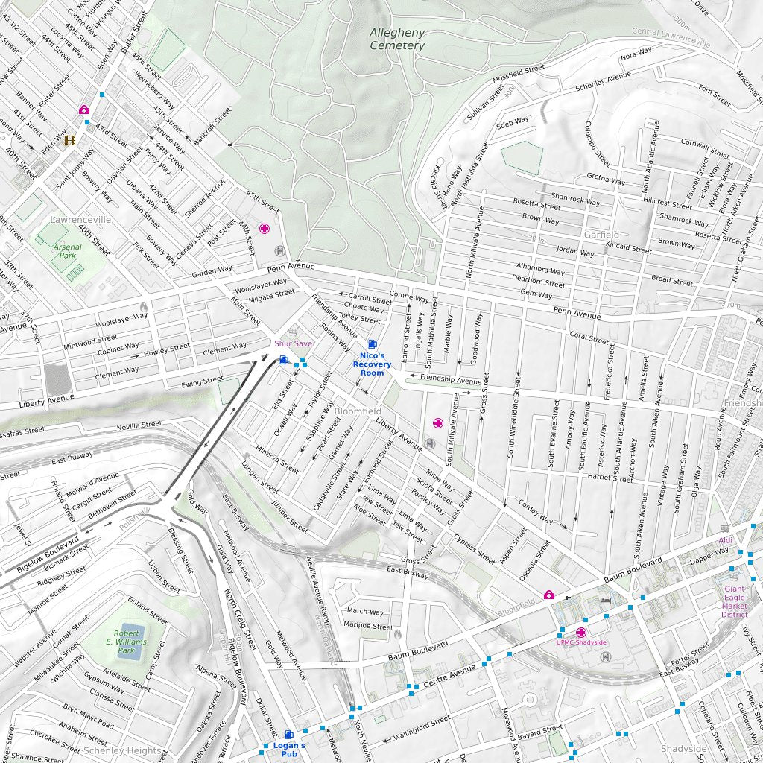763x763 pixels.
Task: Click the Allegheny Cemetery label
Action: coord(397,39)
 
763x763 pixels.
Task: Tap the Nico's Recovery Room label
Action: coord(371,364)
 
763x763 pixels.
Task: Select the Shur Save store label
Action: coord(293,343)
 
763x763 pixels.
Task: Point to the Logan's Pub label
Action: coord(288,750)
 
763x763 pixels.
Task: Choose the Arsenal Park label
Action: coord(67,251)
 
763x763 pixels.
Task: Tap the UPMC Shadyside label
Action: coord(581,642)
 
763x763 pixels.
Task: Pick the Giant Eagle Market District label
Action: coord(734,601)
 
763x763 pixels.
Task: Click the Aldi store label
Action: coord(726,540)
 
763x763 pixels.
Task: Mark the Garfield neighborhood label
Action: coord(601,235)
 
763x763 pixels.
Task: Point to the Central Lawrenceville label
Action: coord(670,37)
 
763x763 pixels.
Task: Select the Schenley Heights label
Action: coord(121,750)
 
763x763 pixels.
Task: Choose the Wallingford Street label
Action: coord(422,726)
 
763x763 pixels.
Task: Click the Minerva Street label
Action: coord(276,460)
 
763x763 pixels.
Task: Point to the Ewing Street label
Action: coord(202,381)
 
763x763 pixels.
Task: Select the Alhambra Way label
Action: coord(540,268)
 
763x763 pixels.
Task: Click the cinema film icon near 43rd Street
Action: coord(70,140)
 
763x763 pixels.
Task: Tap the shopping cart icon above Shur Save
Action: coord(293,331)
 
